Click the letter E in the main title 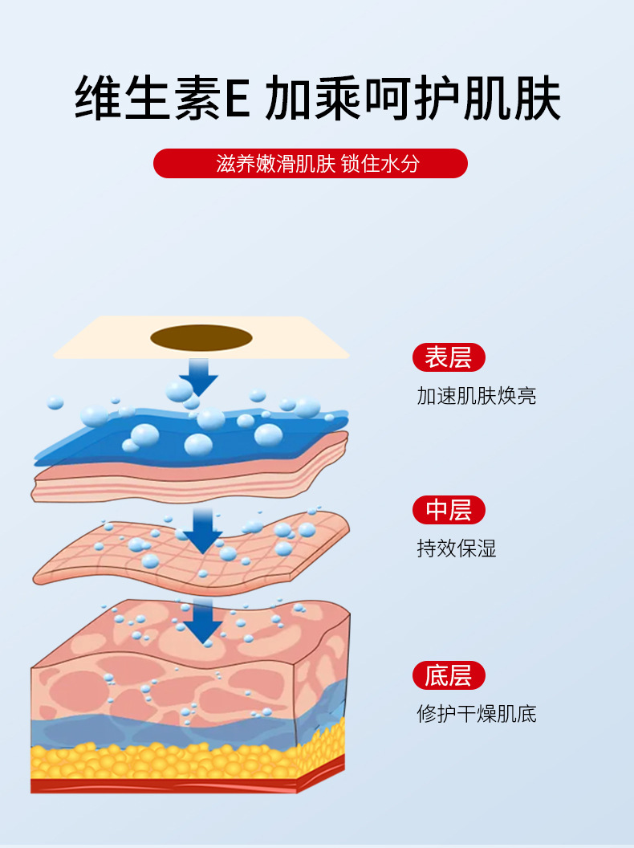coord(235,100)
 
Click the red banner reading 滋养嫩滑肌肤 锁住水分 coord(310,163)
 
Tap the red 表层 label coord(449,357)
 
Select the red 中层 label coord(449,510)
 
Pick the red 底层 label coord(449,675)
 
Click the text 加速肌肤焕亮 coord(477,396)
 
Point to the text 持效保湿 coord(457,548)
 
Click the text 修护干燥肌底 coord(477,713)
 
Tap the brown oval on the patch coord(200,338)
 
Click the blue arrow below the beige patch coord(198,374)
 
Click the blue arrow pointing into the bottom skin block coord(205,622)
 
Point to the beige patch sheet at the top coord(96,341)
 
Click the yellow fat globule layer coord(161,759)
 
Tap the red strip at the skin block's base coord(161,785)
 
